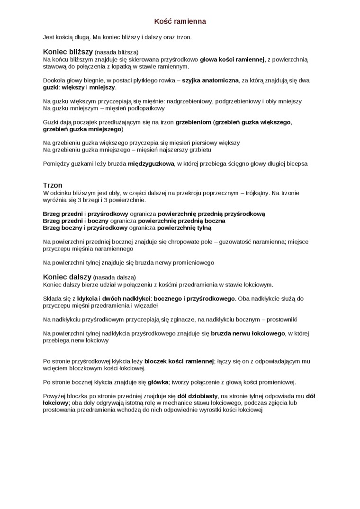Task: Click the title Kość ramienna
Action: pos(180,21)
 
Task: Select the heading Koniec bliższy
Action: pos(68,52)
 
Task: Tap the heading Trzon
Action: pos(53,185)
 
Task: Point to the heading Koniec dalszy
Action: pos(67,277)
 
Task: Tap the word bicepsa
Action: pos(296,164)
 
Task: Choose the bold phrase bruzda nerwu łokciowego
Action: pos(248,333)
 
